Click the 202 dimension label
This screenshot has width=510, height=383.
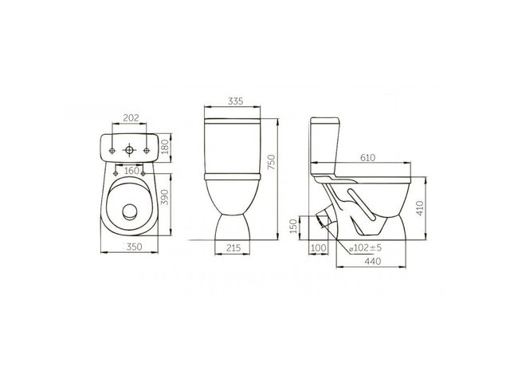click(x=131, y=117)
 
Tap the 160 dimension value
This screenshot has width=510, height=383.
click(x=131, y=170)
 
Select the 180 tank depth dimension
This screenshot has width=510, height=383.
click(x=165, y=147)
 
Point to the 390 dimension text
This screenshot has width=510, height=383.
click(x=165, y=197)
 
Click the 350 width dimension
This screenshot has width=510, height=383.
click(x=135, y=247)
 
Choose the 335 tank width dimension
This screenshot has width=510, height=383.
click(x=236, y=101)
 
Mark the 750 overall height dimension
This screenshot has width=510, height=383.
click(x=272, y=162)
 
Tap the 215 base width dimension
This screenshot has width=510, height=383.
click(x=233, y=248)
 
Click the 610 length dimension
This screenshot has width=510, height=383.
click(x=368, y=158)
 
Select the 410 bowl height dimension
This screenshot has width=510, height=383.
click(x=420, y=208)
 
